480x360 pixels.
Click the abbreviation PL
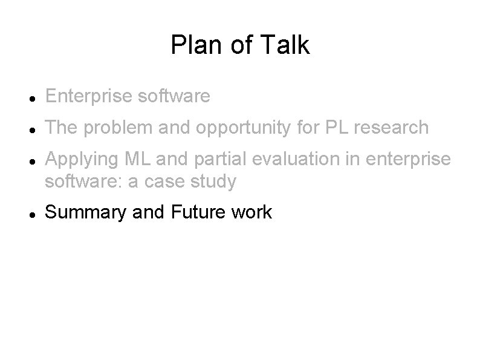coord(331,128)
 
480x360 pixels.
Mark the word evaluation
coord(290,160)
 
